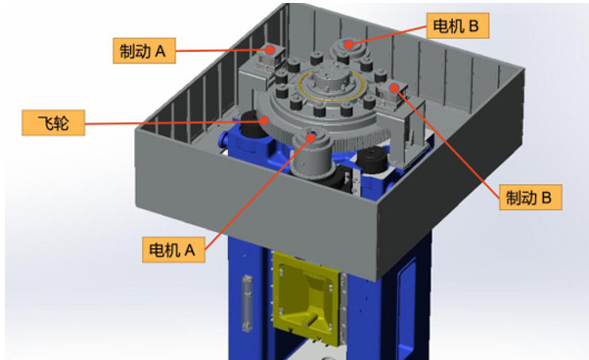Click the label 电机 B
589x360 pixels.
[458, 25]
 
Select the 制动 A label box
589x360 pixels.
[144, 50]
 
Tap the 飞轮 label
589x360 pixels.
[54, 122]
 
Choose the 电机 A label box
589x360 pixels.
[173, 249]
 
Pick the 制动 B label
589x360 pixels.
[530, 197]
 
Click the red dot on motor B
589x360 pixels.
[349, 45]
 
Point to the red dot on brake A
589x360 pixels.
[270, 50]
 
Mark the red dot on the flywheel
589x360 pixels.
[265, 120]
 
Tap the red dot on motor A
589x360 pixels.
[311, 138]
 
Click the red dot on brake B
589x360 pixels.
[394, 88]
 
